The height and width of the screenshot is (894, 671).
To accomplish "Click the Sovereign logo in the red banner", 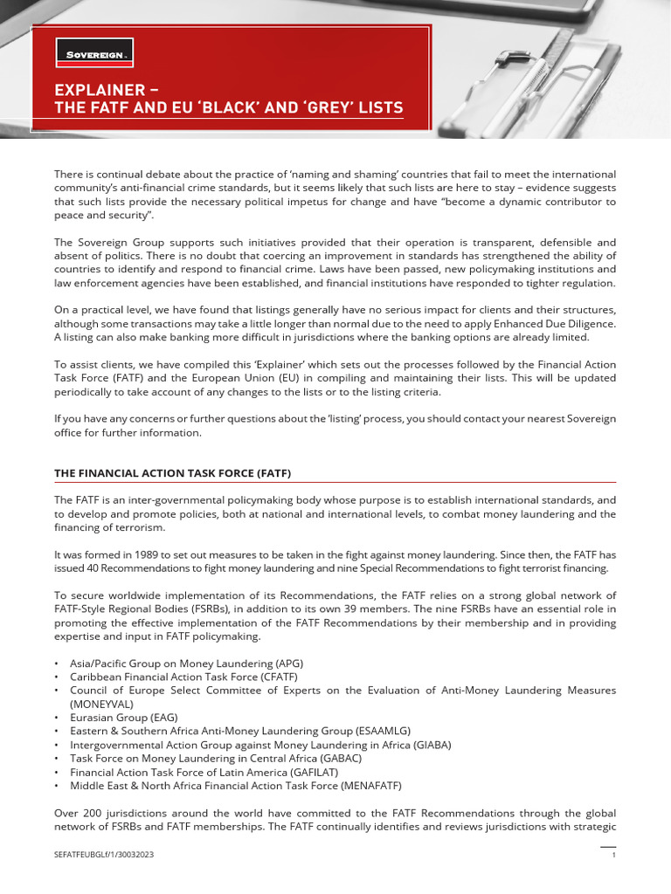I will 94,53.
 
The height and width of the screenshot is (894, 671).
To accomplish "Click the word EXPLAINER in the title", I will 97,89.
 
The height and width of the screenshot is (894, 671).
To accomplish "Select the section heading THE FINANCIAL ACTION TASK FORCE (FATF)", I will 172,473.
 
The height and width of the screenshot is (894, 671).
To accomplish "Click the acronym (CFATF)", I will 285,677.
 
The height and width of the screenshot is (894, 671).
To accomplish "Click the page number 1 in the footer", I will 613,855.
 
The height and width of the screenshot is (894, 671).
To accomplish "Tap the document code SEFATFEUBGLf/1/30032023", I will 105,855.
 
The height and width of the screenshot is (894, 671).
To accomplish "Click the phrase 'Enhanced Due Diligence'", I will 557,322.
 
